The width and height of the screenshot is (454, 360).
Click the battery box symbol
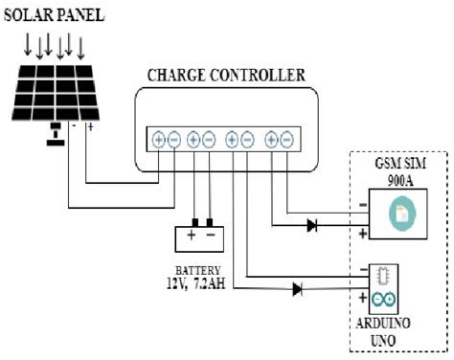[x=199, y=236]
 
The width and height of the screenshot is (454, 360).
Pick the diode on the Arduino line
[x=298, y=288]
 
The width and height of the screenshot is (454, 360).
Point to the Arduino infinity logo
[x=382, y=301]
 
